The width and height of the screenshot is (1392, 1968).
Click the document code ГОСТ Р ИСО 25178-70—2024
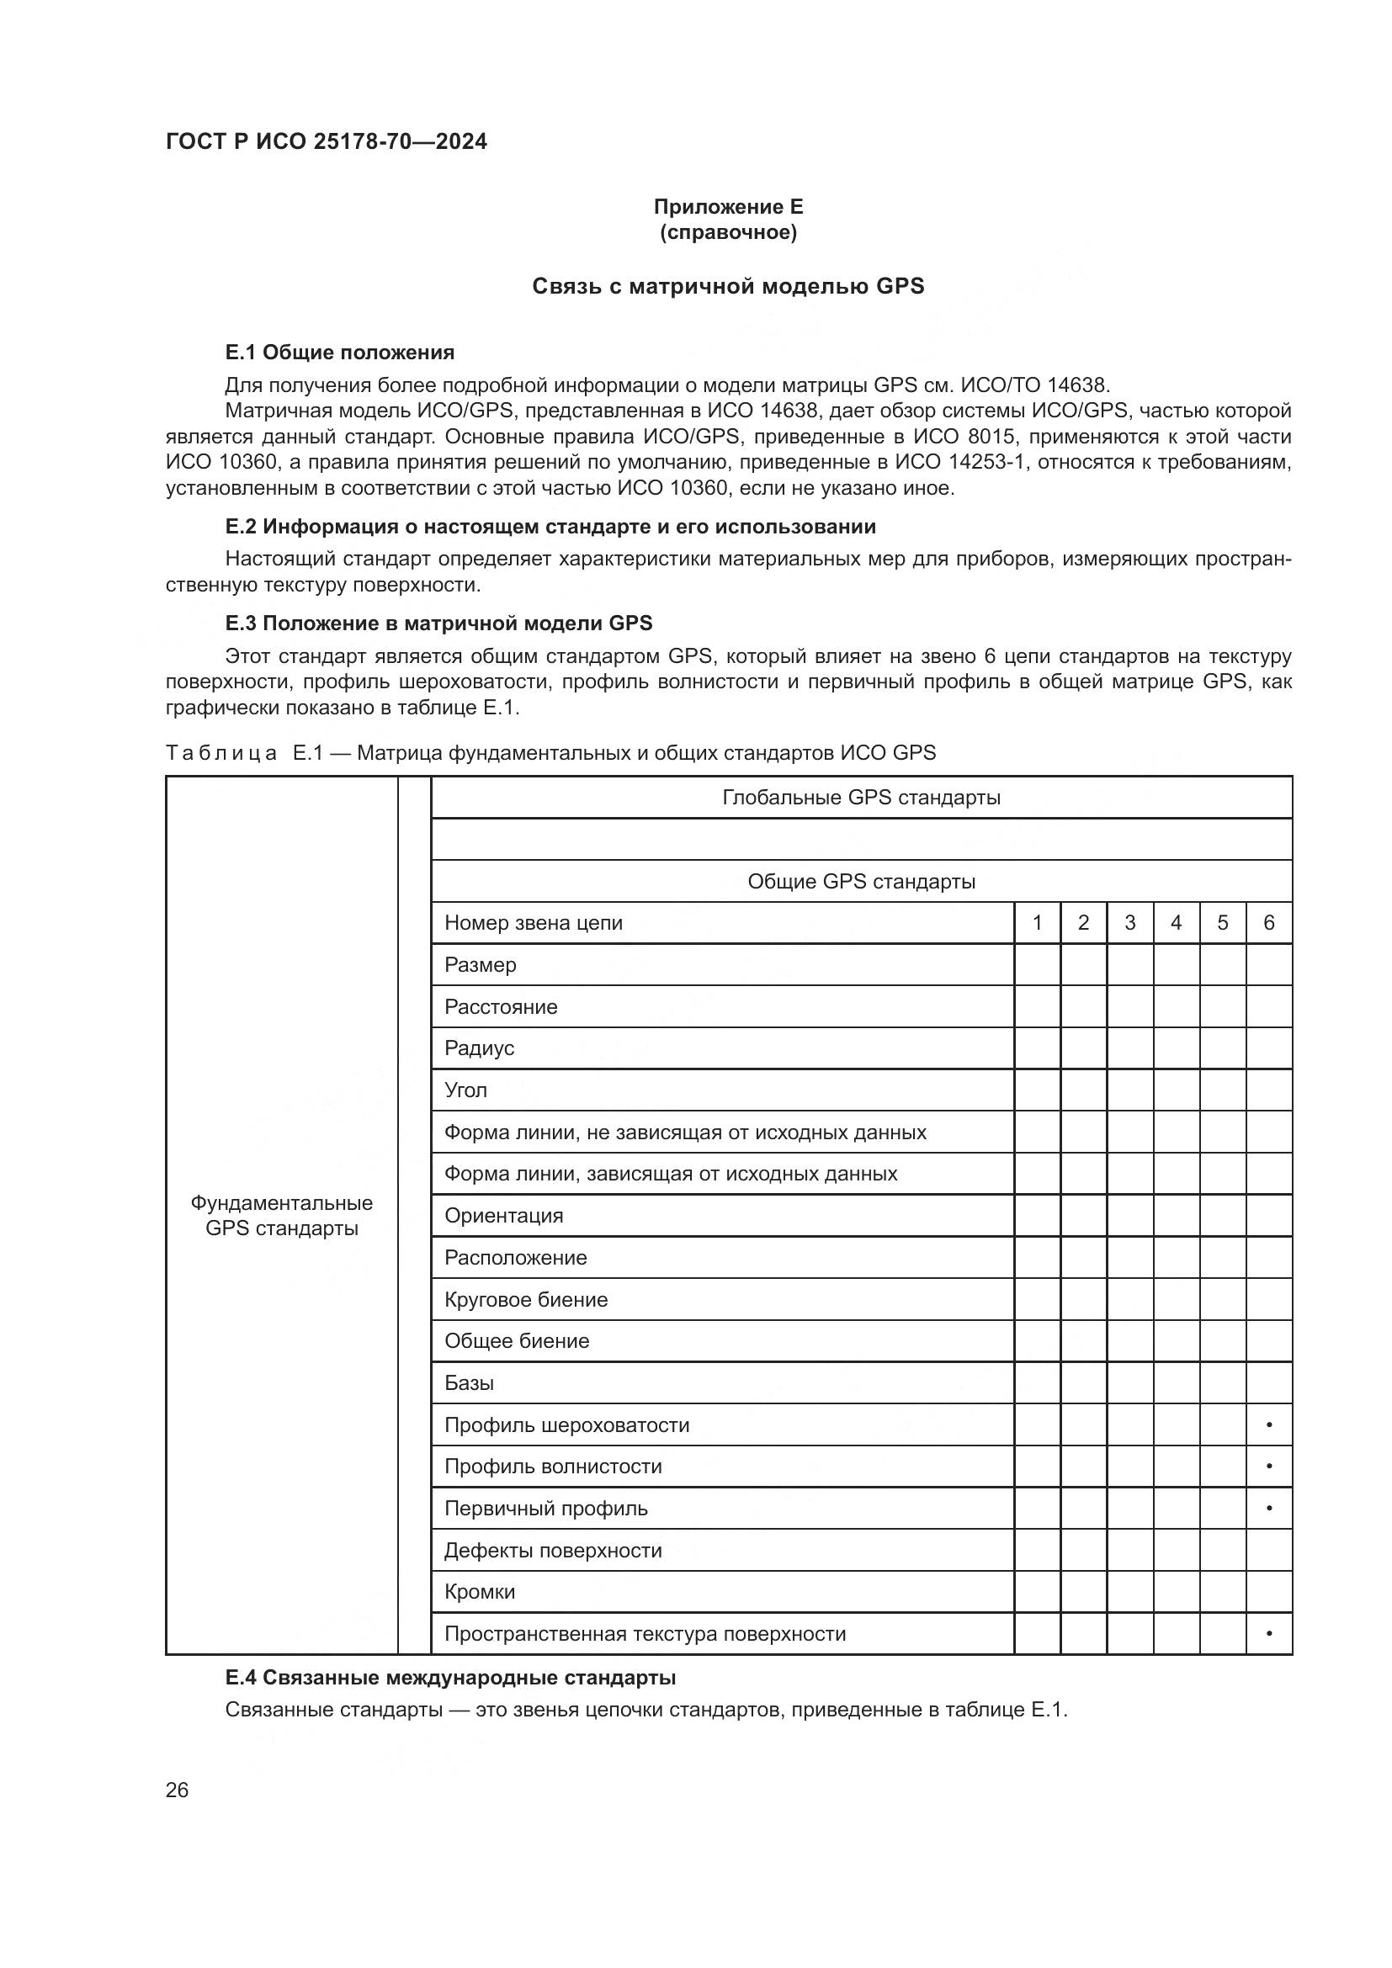pyautogui.click(x=326, y=141)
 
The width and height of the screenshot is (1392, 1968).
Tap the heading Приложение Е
pyautogui.click(x=728, y=207)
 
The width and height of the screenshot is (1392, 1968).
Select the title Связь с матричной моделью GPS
pyautogui.click(x=728, y=286)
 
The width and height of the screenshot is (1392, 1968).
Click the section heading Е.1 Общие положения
pyautogui.click(x=339, y=353)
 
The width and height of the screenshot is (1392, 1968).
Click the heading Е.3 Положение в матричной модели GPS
pyautogui.click(x=438, y=623)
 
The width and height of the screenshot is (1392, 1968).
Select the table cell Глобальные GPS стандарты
pyautogui.click(x=861, y=797)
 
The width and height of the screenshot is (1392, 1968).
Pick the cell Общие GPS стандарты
pyautogui.click(x=861, y=881)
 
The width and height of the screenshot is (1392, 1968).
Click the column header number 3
pyautogui.click(x=1129, y=922)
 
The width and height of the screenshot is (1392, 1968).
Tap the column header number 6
pyautogui.click(x=1268, y=922)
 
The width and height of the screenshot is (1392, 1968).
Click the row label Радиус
pyautogui.click(x=479, y=1048)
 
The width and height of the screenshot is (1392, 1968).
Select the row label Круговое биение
pyautogui.click(x=525, y=1299)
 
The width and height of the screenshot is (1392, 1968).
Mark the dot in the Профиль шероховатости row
pyautogui.click(x=1268, y=1425)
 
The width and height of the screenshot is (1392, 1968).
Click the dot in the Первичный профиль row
pyautogui.click(x=1268, y=1509)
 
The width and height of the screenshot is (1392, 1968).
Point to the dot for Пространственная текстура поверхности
pyautogui.click(x=1268, y=1634)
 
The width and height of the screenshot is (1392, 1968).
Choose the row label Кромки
pyautogui.click(x=479, y=1592)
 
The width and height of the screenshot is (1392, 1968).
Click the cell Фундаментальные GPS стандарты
pyautogui.click(x=281, y=1216)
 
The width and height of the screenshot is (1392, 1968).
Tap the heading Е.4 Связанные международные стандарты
pyautogui.click(x=450, y=1677)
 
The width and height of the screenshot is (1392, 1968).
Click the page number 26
pyautogui.click(x=177, y=1790)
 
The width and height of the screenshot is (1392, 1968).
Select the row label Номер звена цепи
pyautogui.click(x=533, y=922)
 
